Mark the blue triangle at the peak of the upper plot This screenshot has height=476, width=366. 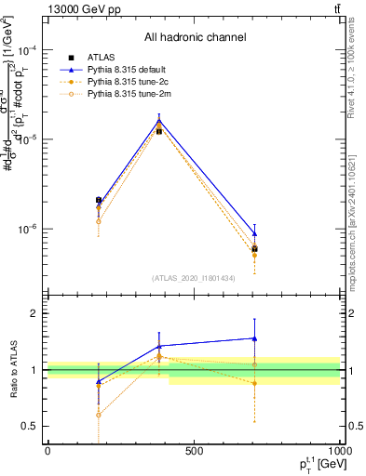pos(159,120)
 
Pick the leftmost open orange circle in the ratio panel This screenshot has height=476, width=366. pos(98,415)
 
